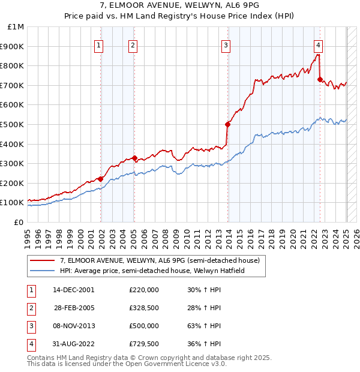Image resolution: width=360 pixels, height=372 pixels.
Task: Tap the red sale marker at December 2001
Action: click(x=100, y=179)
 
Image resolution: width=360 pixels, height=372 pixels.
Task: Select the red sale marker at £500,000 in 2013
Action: click(x=228, y=124)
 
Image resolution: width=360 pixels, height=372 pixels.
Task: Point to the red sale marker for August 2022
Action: click(x=320, y=79)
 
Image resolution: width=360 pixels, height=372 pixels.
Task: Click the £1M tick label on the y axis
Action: click(x=16, y=27)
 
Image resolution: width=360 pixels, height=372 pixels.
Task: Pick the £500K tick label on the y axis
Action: click(x=14, y=124)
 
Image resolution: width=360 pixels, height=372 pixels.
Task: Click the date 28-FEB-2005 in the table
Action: click(x=74, y=308)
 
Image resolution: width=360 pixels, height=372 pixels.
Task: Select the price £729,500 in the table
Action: click(x=144, y=344)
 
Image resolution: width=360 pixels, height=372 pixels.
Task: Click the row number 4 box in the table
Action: click(x=31, y=344)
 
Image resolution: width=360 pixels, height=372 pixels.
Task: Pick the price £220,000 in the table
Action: click(x=144, y=290)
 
